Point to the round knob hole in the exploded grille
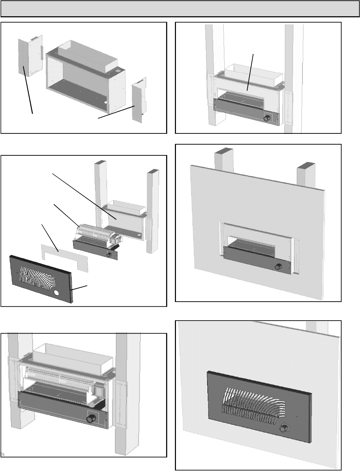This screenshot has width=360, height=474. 56,292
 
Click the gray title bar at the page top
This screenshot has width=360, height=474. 179,9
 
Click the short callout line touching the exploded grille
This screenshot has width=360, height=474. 80,288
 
